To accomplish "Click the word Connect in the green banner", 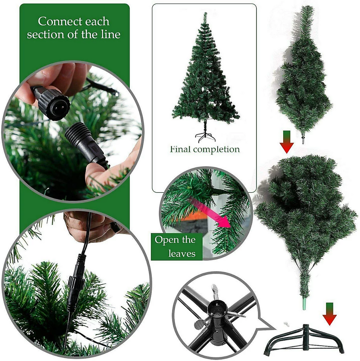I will [x=56, y=21].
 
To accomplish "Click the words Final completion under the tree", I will [x=205, y=149].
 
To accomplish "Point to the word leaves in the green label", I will [x=182, y=254].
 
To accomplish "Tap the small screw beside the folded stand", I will [x=286, y=324].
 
